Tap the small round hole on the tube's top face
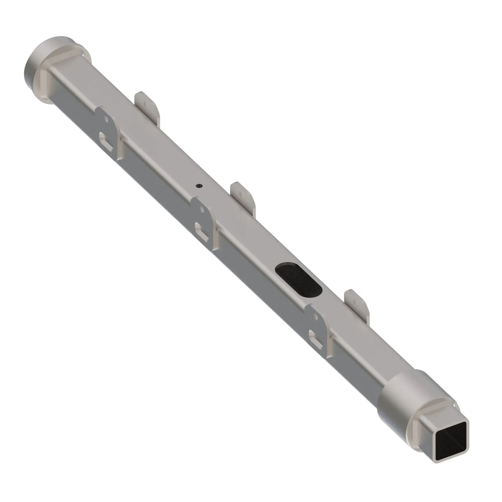(x=199, y=185)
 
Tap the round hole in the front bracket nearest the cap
(x=106, y=119)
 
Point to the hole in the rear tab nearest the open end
(x=356, y=302)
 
